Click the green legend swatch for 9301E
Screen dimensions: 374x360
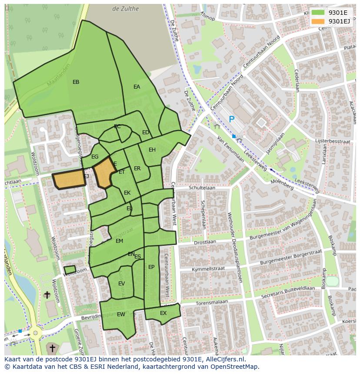click(318, 12)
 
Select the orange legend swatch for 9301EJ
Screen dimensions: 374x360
click(318, 21)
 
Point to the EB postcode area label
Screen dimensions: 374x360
click(76, 82)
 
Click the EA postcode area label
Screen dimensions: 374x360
click(137, 87)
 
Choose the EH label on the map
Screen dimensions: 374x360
click(152, 150)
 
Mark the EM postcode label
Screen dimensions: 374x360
click(119, 241)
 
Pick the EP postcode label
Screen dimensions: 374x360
click(151, 267)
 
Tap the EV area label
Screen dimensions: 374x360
click(122, 284)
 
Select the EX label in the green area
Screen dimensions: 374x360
click(163, 313)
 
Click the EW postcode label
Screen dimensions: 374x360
click(121, 314)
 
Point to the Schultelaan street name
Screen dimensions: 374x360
click(202, 188)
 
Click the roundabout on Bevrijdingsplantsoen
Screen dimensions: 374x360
click(34, 334)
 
